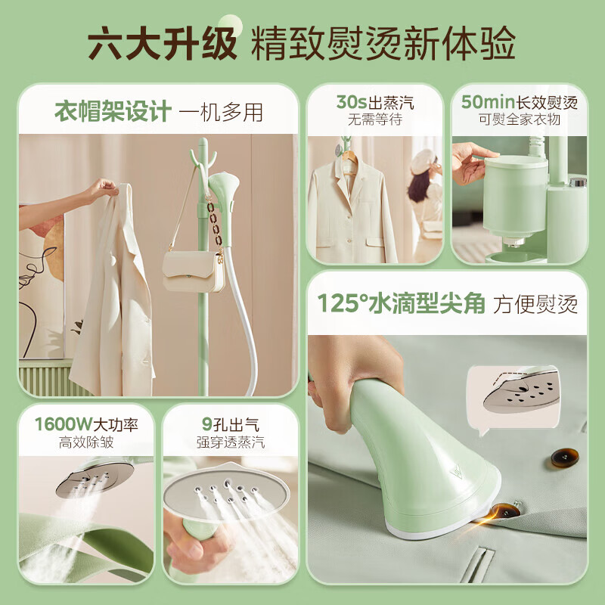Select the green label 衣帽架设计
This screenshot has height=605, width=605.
(111, 113)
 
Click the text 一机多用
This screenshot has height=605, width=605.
(222, 113)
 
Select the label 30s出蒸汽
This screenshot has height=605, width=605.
(375, 102)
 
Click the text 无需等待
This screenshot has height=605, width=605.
(375, 120)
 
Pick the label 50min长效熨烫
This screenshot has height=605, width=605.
(519, 102)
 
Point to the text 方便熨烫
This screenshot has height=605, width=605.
(535, 304)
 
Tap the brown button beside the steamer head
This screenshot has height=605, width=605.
(564, 458)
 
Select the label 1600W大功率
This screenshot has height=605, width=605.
(85, 423)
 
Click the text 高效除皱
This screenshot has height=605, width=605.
(85, 442)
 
